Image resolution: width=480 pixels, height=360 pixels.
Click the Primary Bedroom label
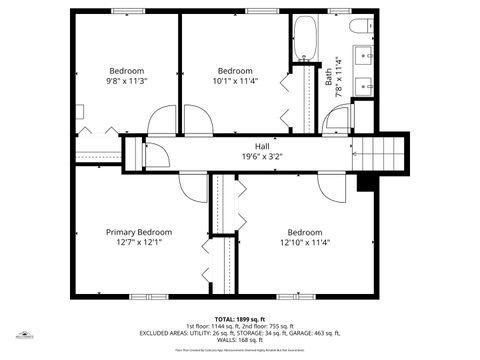(140, 231)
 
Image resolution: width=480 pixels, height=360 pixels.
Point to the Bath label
(329, 76)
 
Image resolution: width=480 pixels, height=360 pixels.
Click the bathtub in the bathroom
(305, 39)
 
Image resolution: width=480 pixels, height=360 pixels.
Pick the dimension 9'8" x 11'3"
(127, 82)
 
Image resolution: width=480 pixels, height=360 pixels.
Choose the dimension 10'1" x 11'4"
(235, 82)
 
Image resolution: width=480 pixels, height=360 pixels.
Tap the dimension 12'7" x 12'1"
(140, 242)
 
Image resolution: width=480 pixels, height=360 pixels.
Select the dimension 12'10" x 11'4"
(305, 242)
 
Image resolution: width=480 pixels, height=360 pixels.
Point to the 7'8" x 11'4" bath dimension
(340, 76)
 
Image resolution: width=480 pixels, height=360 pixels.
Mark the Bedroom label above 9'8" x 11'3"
(127, 71)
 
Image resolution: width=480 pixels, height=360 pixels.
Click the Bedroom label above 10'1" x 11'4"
(235, 71)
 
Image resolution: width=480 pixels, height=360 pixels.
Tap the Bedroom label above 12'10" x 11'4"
(305, 231)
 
